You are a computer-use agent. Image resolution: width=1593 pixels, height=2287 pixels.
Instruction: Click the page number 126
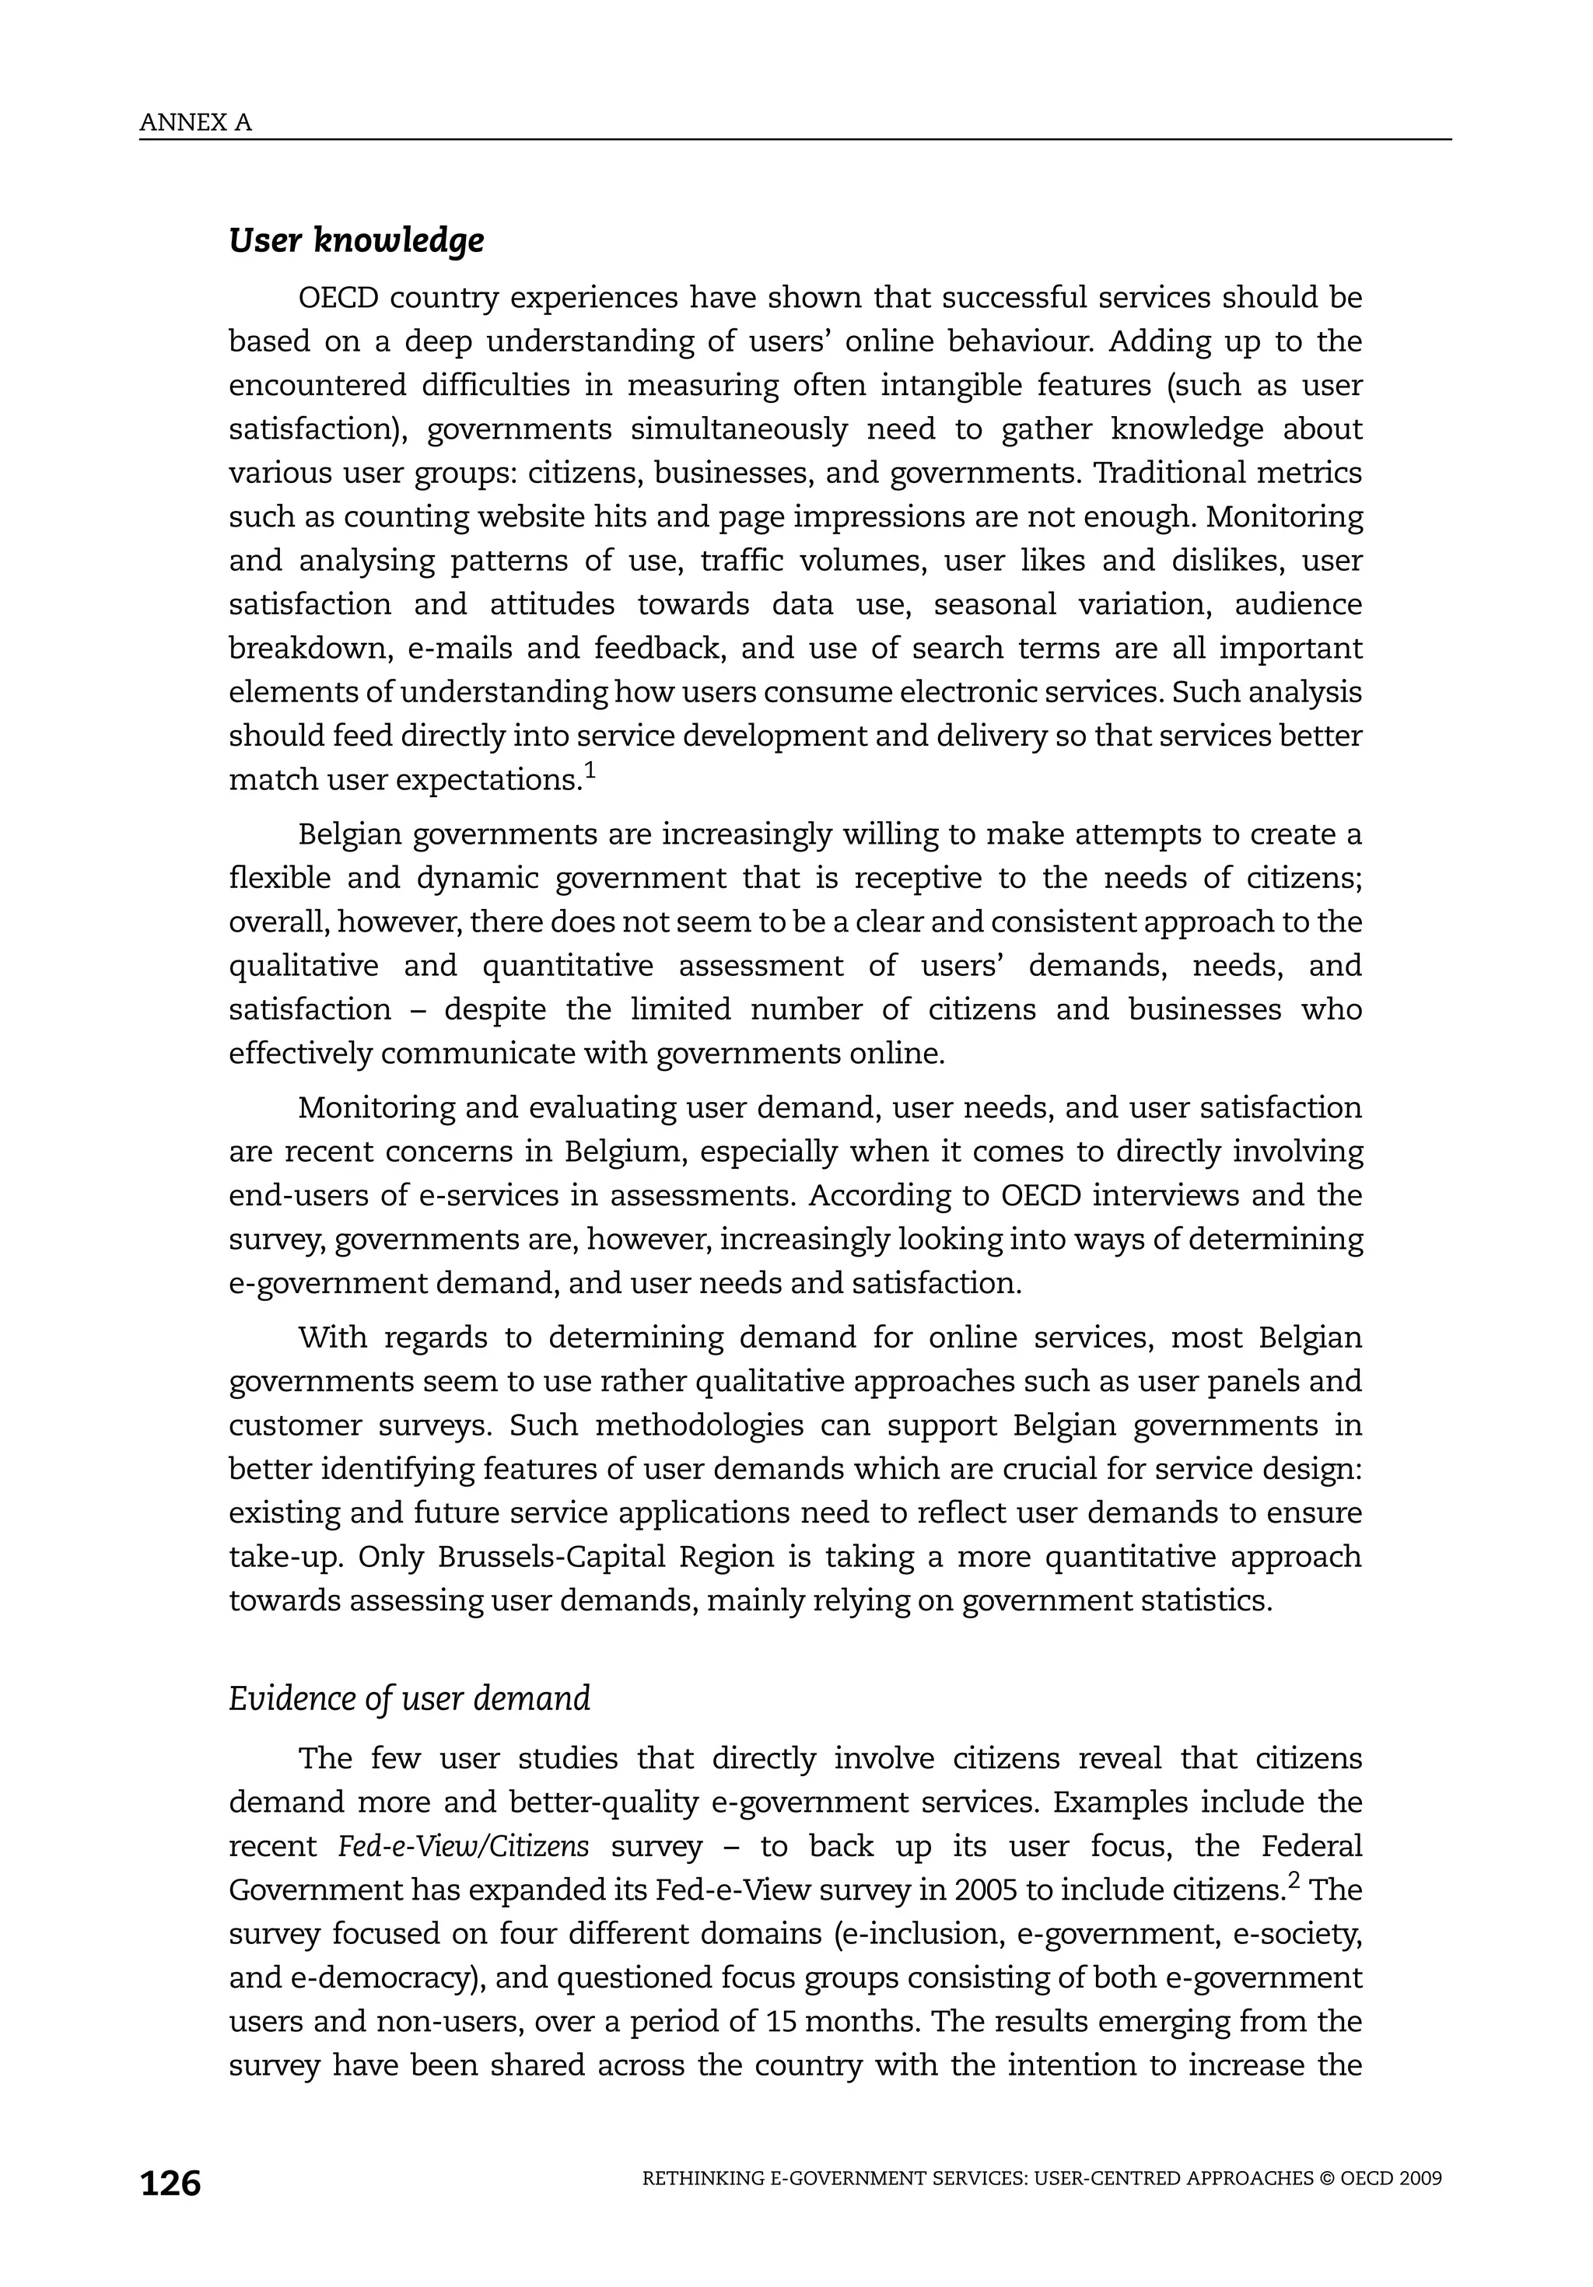[170, 2184]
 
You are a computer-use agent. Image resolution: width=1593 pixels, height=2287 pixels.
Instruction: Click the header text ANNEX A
[195, 123]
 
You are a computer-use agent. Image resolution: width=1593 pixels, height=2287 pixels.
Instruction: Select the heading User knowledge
[357, 240]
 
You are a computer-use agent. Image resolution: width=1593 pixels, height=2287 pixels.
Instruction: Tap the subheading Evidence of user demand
[409, 1698]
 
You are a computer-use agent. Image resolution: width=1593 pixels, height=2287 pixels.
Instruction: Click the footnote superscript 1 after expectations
[590, 770]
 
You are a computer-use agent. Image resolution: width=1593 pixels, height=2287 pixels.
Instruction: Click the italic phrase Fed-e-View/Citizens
[464, 1846]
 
